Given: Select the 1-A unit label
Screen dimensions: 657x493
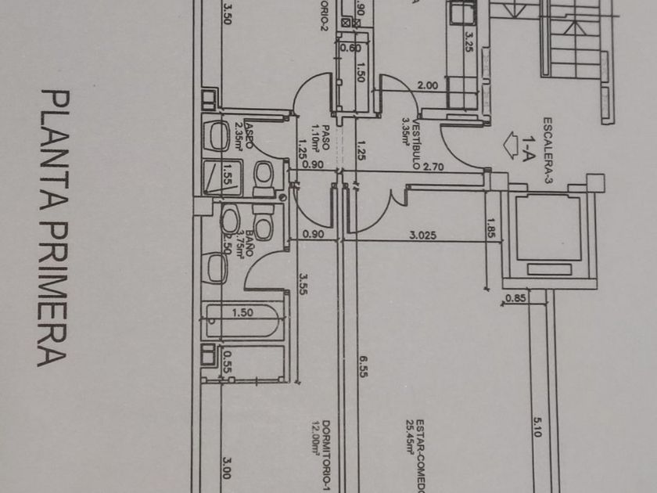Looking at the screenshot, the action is tap(530, 148).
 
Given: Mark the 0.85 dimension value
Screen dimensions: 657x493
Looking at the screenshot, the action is tap(515, 297).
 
